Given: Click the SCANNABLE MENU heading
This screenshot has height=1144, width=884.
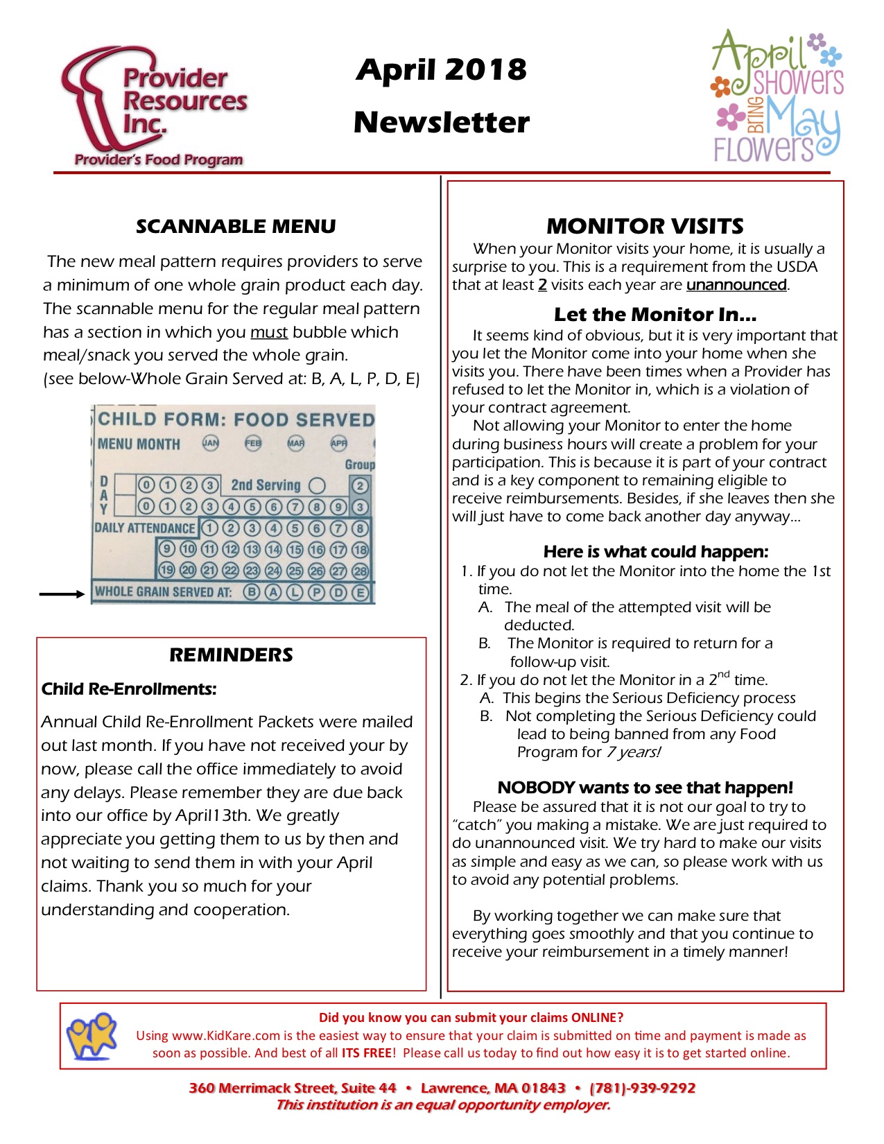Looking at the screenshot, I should click(x=236, y=227).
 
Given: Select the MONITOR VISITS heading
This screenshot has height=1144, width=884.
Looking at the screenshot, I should click(x=645, y=226).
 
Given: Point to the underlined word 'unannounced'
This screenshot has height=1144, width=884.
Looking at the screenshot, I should click(x=736, y=285).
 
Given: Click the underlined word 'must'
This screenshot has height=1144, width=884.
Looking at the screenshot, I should click(x=269, y=332).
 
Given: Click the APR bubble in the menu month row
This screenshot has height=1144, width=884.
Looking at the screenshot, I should click(x=339, y=443).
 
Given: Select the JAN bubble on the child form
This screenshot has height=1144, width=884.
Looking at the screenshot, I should click(x=210, y=443).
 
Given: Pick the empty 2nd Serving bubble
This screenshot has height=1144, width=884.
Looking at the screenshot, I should click(x=318, y=485).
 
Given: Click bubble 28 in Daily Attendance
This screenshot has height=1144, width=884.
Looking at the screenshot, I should click(x=360, y=571).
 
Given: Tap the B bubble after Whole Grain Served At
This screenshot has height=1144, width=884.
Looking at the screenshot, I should click(x=252, y=592).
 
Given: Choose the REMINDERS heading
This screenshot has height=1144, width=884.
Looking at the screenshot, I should click(x=232, y=655).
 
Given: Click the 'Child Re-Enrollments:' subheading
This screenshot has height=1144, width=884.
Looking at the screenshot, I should click(x=129, y=689).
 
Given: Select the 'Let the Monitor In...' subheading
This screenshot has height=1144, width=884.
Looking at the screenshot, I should click(x=655, y=315).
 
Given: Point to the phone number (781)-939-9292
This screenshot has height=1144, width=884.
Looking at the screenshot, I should click(x=642, y=1088).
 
